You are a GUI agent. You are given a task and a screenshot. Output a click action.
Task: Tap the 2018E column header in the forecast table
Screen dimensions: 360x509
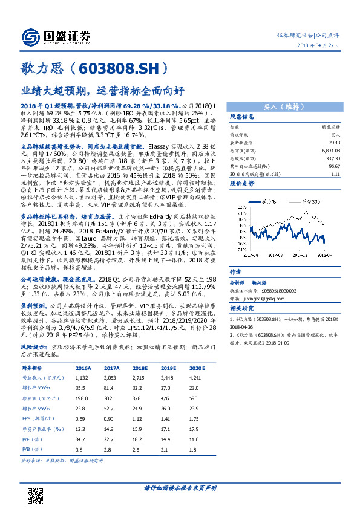pos(141,366)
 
